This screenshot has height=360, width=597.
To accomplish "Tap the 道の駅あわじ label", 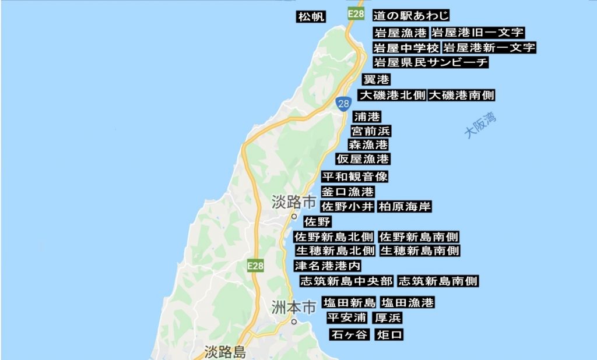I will click(x=411, y=16).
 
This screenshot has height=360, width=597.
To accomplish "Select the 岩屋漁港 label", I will click(x=401, y=33).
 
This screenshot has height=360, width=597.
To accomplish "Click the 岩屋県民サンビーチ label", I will click(x=430, y=62).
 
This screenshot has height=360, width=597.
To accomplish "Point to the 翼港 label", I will click(x=376, y=79).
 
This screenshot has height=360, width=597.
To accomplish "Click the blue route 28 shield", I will click(x=343, y=103).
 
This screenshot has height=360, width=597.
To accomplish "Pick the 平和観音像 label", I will click(x=355, y=177).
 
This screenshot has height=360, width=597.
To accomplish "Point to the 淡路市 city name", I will click(x=294, y=203).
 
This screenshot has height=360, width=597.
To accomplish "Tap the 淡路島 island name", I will click(x=225, y=352).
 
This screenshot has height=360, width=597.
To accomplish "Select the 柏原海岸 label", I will click(x=405, y=207).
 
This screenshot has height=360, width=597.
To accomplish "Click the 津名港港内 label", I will click(x=327, y=266).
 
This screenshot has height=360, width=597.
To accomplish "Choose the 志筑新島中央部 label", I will click(x=346, y=281).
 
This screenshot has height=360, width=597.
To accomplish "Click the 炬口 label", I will click(x=389, y=334).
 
